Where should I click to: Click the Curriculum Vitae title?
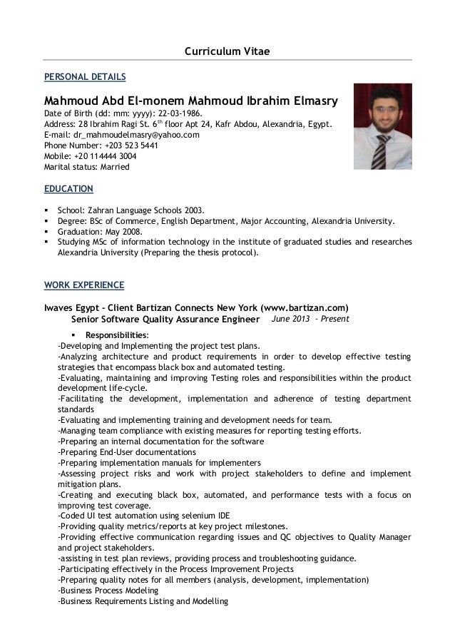(x=227, y=51)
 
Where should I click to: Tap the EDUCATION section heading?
(x=69, y=189)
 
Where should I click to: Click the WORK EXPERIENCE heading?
(x=84, y=285)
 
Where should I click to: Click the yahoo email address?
(x=136, y=135)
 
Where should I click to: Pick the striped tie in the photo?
(x=384, y=147)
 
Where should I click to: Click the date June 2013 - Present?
(x=310, y=319)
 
